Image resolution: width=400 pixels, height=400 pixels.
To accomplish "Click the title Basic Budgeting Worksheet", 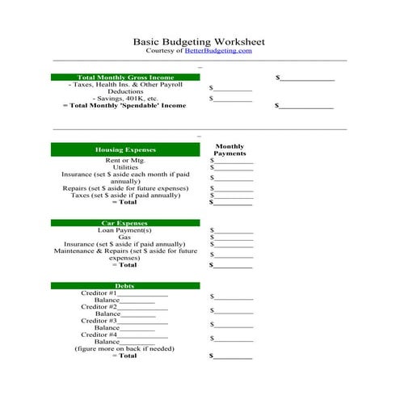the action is click(x=199, y=41).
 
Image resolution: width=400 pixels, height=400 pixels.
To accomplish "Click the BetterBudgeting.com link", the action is click(x=218, y=51).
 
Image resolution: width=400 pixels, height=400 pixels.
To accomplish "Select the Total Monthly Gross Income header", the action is click(x=124, y=78).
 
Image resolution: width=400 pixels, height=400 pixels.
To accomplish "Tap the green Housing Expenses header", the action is click(x=124, y=149).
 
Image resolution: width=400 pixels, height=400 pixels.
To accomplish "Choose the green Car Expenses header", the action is click(x=124, y=222).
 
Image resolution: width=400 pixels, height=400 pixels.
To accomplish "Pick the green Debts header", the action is click(x=124, y=285).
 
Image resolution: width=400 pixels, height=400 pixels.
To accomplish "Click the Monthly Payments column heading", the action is click(x=229, y=149).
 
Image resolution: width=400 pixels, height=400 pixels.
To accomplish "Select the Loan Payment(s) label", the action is click(x=124, y=230).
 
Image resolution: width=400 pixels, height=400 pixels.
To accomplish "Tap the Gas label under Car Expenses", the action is click(x=124, y=238).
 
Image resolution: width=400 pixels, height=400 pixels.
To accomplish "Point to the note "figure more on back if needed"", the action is click(x=124, y=349).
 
